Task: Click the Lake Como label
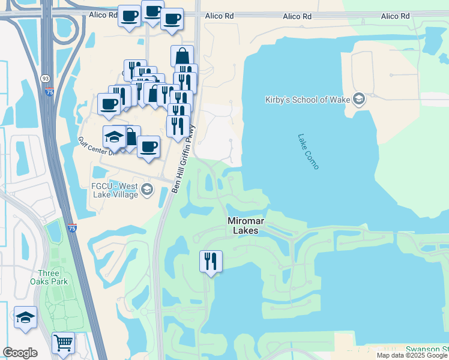pos(308,151)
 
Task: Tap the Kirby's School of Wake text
pos(307,100)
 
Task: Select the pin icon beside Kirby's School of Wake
pos(359,99)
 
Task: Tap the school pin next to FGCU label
pos(146,191)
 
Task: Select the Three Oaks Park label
pos(49,277)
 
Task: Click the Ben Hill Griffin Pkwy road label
pos(184,159)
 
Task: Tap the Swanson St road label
pos(427,349)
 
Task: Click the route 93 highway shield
pos(45,78)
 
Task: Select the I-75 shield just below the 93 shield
pos(49,92)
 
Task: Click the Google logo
pos(20,353)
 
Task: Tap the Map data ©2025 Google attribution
pos(412,355)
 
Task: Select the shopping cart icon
pos(63,343)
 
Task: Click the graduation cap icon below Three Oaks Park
pos(25,317)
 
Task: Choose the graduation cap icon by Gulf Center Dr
pos(114,137)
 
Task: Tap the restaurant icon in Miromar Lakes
pos(211,261)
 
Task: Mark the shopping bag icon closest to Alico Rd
pos(182,56)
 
